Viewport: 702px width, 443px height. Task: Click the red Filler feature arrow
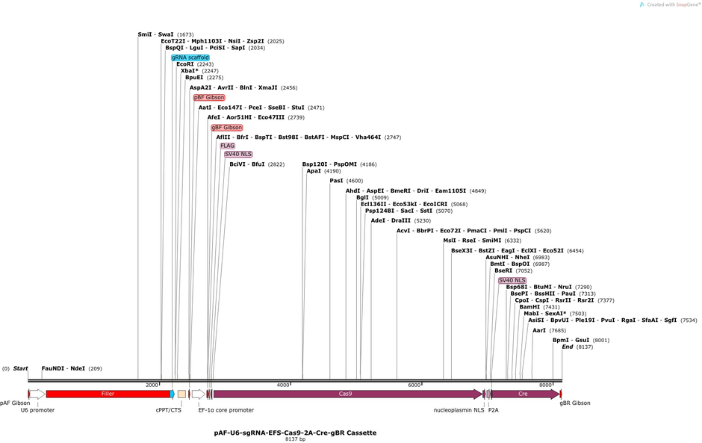[x=108, y=394]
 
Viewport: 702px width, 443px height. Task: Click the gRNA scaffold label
[x=190, y=58]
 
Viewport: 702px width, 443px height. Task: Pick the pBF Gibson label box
[x=209, y=97]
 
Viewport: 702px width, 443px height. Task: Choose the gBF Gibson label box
[x=227, y=128]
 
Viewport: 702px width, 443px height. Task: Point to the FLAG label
[x=228, y=146]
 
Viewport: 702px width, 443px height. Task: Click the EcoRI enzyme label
[x=185, y=64]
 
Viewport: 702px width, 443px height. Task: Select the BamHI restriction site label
[x=529, y=307]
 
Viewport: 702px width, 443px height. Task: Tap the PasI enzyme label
[x=336, y=181]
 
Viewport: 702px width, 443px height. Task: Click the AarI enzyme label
[x=539, y=330]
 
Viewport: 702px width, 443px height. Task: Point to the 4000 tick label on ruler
[x=283, y=385]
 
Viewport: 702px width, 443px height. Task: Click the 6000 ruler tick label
[x=414, y=385]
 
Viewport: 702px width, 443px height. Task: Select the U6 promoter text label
[x=37, y=410]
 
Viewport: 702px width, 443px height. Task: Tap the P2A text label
[x=494, y=410]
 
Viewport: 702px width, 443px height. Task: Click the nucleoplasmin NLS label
[x=459, y=410]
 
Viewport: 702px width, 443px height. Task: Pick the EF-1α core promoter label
[x=226, y=410]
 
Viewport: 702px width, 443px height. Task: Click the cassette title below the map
[x=295, y=433]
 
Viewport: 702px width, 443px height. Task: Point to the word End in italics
[x=568, y=347]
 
